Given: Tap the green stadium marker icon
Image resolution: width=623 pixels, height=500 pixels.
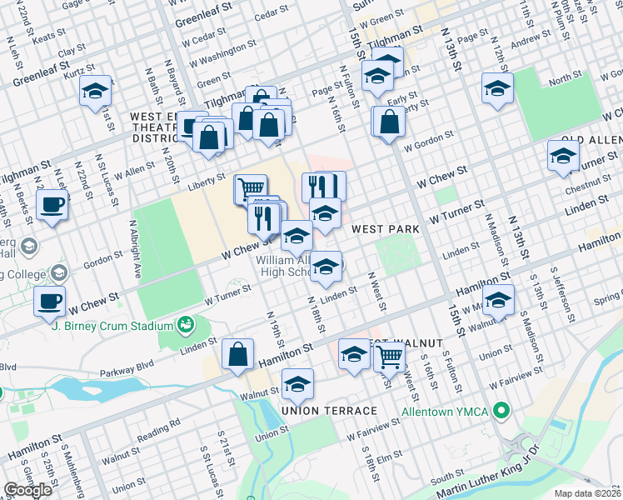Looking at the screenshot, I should [x=187, y=323].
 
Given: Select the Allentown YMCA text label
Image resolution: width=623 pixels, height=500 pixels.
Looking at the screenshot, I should [x=444, y=412].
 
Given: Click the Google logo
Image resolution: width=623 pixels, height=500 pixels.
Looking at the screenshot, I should [x=27, y=490].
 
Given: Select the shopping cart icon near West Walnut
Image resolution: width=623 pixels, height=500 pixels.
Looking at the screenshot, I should [x=390, y=356].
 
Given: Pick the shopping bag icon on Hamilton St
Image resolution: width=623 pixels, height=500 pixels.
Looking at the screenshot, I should [x=238, y=353].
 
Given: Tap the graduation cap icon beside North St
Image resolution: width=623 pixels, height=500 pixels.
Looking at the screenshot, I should [x=497, y=87].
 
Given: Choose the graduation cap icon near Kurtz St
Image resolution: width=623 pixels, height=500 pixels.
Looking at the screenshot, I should [x=96, y=89].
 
